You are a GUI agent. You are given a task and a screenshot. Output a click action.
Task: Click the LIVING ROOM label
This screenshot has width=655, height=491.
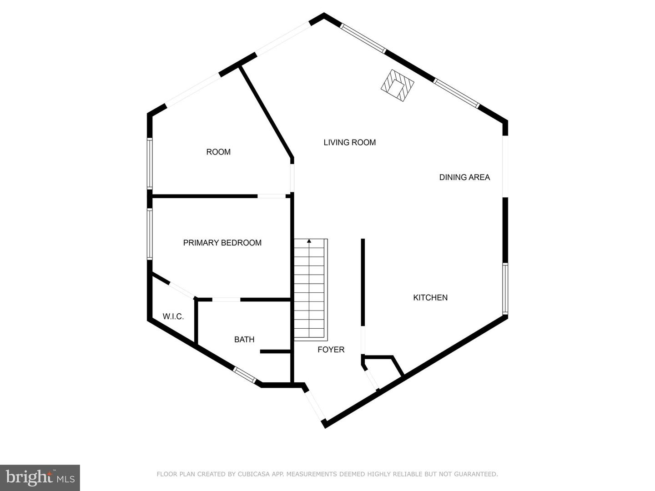pos(349,142)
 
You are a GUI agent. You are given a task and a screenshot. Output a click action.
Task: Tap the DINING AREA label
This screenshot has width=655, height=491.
pos(464,177)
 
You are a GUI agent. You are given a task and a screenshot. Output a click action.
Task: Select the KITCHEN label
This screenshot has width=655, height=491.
pos(430,297)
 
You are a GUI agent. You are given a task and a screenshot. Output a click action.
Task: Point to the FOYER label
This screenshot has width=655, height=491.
pos(331,350)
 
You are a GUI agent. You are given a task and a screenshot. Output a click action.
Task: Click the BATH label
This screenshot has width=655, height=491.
pos(244,339)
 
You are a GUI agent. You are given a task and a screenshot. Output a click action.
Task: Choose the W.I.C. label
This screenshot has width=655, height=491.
pos(173,316)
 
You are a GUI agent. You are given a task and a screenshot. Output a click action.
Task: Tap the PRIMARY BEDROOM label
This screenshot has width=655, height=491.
pos(222,243)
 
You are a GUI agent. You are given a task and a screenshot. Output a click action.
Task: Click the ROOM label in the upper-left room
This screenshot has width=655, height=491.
pos(218,152)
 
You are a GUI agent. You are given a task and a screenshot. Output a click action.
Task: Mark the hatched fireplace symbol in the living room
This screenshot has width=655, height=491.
pos(398,85)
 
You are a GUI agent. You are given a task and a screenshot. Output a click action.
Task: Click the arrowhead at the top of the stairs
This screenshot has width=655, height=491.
pos(309,240)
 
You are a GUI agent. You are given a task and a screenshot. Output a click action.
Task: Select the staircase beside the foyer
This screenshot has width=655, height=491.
pos(311,290)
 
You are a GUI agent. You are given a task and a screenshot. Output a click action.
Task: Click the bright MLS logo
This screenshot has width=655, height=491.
pos(40,477)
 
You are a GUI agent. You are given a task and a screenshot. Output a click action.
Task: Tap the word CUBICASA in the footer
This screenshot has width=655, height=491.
pos(251,474)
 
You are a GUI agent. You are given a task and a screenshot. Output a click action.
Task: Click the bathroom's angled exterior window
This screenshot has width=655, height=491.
pos(244,375)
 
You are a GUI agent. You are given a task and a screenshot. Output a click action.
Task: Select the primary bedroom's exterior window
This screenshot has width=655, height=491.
pos(150,234)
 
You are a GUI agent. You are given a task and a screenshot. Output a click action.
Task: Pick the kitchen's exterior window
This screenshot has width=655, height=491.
pos(505,289)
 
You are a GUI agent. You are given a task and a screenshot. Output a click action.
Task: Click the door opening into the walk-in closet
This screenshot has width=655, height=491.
pos(182,290)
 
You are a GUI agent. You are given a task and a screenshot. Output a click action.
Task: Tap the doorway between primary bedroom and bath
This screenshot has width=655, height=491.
pos(226,300)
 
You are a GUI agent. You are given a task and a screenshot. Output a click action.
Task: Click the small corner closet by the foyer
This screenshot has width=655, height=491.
pos(383,371)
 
